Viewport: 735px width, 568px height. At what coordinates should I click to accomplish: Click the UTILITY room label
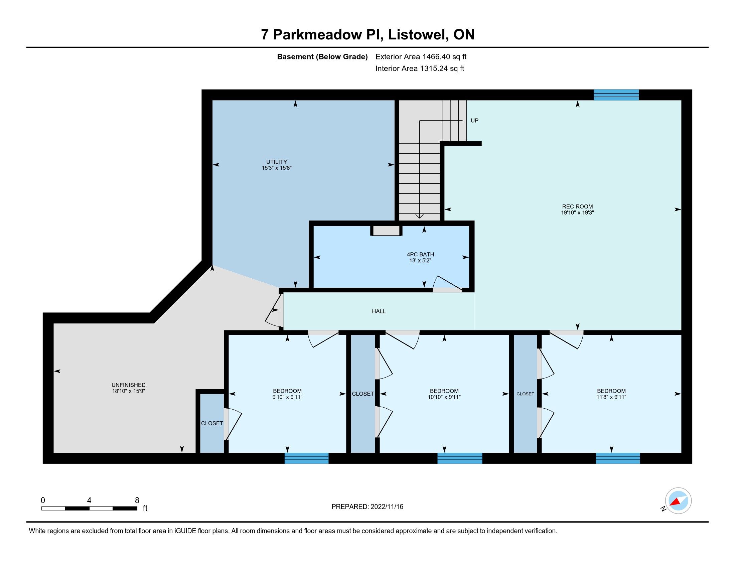click(276, 162)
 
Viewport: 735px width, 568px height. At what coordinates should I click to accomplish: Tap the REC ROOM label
click(577, 206)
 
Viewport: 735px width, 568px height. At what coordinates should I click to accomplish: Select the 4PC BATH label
click(420, 254)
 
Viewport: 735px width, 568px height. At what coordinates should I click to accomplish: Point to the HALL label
click(379, 311)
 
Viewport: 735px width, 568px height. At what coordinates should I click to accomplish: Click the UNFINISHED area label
click(129, 385)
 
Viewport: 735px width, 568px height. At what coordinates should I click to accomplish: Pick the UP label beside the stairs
click(474, 121)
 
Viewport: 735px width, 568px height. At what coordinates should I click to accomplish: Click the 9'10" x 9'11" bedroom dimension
click(287, 397)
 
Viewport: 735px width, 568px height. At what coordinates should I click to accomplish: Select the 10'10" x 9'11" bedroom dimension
click(444, 397)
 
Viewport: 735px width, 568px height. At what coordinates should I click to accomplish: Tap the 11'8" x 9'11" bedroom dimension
click(611, 397)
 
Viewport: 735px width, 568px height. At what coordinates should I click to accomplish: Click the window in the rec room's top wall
click(616, 95)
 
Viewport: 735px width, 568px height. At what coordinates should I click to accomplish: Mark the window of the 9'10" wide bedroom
click(307, 458)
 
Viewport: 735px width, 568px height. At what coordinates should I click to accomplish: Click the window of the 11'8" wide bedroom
click(618, 458)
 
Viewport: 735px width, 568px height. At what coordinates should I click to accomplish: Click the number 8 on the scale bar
click(137, 501)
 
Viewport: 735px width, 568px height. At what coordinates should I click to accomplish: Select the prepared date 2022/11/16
click(387, 507)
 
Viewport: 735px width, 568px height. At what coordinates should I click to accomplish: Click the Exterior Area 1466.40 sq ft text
click(421, 57)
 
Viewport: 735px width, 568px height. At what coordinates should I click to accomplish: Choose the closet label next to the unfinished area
click(212, 423)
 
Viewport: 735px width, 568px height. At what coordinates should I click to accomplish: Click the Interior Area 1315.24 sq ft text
click(420, 68)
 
